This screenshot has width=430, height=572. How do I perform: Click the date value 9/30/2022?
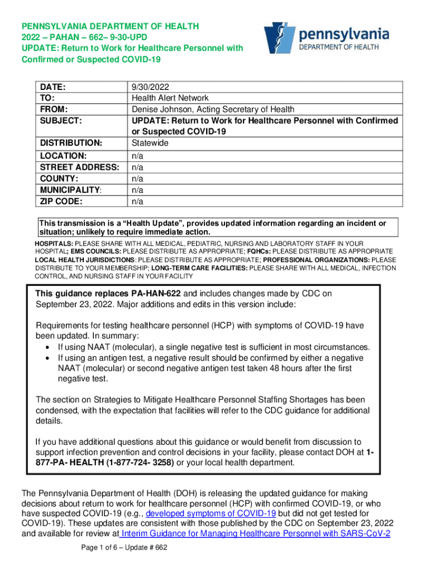pyautogui.click(x=150, y=87)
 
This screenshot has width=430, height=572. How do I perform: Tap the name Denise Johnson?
pyautogui.click(x=160, y=109)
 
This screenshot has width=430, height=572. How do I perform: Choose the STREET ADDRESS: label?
pyautogui.click(x=78, y=168)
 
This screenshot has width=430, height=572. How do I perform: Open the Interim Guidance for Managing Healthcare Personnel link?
pyautogui.click(x=256, y=533)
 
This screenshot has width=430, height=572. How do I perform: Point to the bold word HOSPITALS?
pyautogui.click(x=54, y=244)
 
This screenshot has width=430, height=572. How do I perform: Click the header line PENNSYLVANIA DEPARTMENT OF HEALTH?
pyautogui.click(x=110, y=26)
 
